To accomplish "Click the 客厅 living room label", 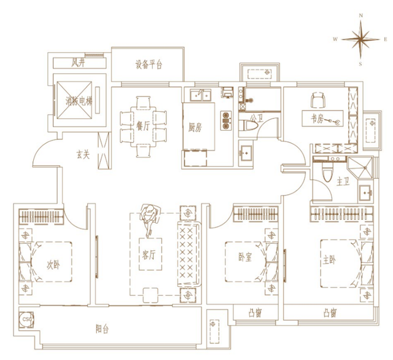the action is click(x=149, y=255).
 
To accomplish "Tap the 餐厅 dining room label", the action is click(x=143, y=125).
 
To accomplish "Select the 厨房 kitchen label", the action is click(x=195, y=128).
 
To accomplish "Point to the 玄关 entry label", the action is click(x=83, y=154).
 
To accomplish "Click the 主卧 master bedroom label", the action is click(x=329, y=260).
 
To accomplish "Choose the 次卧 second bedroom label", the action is click(x=53, y=265).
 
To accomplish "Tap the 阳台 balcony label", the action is click(x=102, y=329).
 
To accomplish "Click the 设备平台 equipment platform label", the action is click(x=149, y=65).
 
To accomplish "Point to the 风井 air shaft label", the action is click(x=78, y=63).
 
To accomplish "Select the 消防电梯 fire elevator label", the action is click(x=79, y=101).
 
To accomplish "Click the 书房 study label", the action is click(x=317, y=119).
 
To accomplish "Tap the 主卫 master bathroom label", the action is click(x=343, y=182).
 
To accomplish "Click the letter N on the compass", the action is click(x=361, y=15).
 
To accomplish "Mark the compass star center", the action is click(x=360, y=39).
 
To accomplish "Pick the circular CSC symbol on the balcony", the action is click(x=27, y=319).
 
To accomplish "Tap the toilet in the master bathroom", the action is click(x=327, y=173).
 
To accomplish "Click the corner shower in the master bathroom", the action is click(x=360, y=167).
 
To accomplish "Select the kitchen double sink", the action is click(x=201, y=95).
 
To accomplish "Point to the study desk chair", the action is click(x=317, y=100).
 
